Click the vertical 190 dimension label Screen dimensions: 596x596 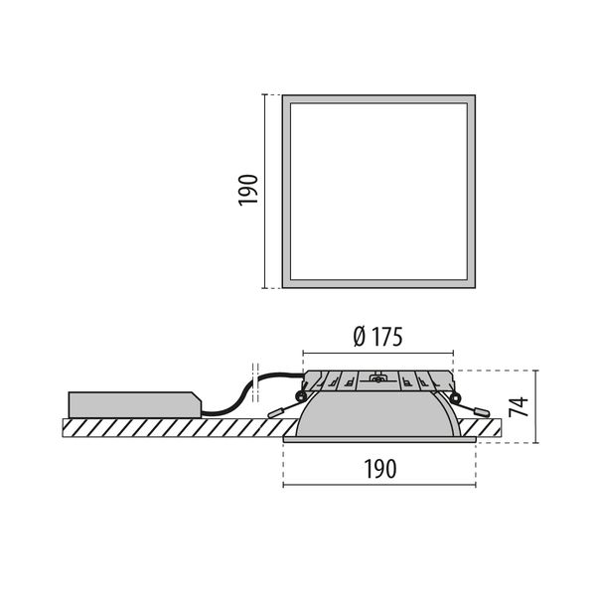click(248, 190)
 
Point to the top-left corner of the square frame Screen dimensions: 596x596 click(284, 97)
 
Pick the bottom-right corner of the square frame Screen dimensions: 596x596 click(472, 285)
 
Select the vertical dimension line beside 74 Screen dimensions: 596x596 click(536, 406)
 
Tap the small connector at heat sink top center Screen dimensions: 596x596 click(376, 376)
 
